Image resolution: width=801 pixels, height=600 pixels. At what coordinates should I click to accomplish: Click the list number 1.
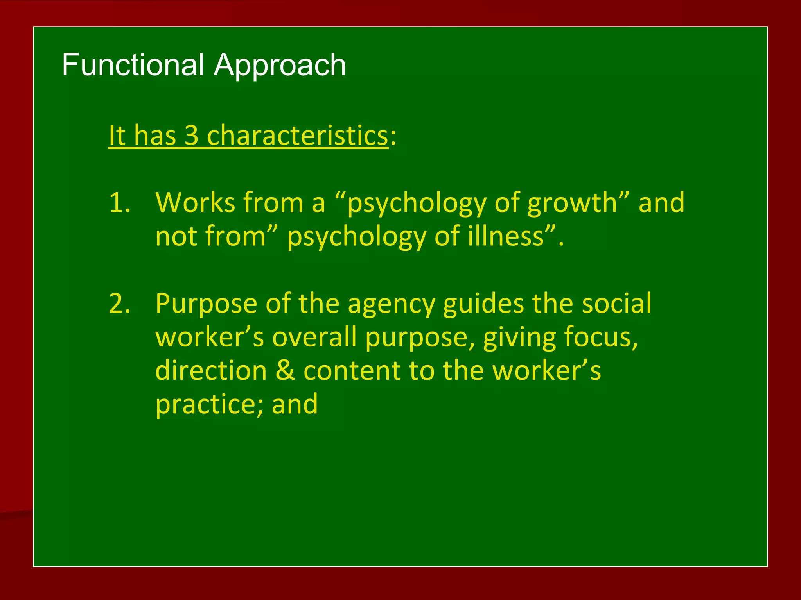click(x=119, y=203)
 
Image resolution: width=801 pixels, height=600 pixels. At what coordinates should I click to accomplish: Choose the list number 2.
click(x=119, y=303)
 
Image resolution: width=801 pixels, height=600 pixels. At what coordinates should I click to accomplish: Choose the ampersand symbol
click(x=285, y=370)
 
